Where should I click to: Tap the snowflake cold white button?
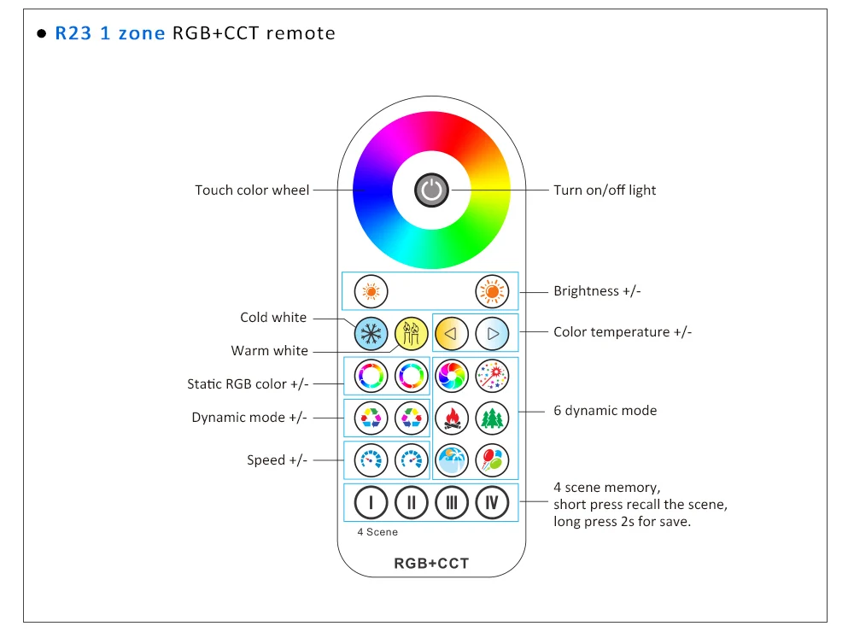pos(371,333)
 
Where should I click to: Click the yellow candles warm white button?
pos(412,333)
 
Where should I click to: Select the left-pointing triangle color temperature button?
pos(452,333)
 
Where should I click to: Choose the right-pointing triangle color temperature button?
pos(493,333)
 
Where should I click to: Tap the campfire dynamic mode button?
pos(452,418)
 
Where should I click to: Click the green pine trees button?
pos(493,418)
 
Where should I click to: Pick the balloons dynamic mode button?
pos(493,460)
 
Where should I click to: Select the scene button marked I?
pos(371,502)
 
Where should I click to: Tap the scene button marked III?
pos(452,502)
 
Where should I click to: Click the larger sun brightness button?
pos(493,291)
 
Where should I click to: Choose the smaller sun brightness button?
pos(371,291)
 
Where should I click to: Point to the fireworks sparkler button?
pos(493,376)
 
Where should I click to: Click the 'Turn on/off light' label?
pos(605,190)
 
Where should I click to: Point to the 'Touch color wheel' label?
pos(252,190)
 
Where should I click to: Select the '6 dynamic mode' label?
pos(605,410)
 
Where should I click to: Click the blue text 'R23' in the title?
pos(73,33)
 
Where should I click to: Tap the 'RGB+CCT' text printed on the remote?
pos(431,564)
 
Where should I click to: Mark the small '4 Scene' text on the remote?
pos(377,532)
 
